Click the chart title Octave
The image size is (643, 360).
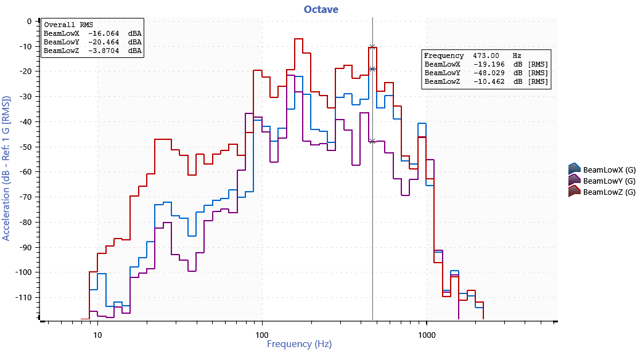(x=321, y=9)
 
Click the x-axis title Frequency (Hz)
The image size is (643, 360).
(x=298, y=344)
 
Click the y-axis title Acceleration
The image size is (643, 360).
(x=6, y=168)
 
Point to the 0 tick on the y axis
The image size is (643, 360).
(x=28, y=21)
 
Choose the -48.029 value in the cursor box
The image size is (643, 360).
(x=490, y=73)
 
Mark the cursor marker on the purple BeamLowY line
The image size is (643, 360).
(x=372, y=141)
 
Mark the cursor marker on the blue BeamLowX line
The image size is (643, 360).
(x=372, y=69)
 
